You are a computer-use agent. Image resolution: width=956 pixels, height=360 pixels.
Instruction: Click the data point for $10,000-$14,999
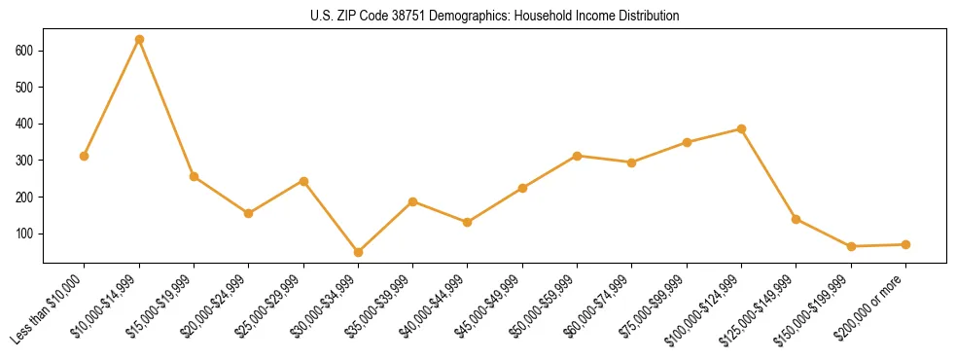tap(139, 40)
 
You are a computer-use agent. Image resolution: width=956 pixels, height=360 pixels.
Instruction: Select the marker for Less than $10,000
tap(85, 156)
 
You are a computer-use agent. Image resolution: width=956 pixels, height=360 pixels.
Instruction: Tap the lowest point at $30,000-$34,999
tap(358, 252)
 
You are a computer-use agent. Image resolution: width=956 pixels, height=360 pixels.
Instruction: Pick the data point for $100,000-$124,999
tap(741, 128)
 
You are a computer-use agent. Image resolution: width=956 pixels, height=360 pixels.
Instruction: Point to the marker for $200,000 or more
tap(905, 244)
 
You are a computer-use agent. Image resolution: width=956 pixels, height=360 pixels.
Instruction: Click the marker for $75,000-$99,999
tap(687, 142)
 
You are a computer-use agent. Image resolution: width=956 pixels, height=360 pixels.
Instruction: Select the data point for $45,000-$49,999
tap(522, 188)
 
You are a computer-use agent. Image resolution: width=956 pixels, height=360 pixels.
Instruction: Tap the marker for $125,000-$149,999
tap(796, 219)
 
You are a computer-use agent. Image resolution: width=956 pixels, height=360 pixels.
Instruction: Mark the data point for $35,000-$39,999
tap(412, 201)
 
